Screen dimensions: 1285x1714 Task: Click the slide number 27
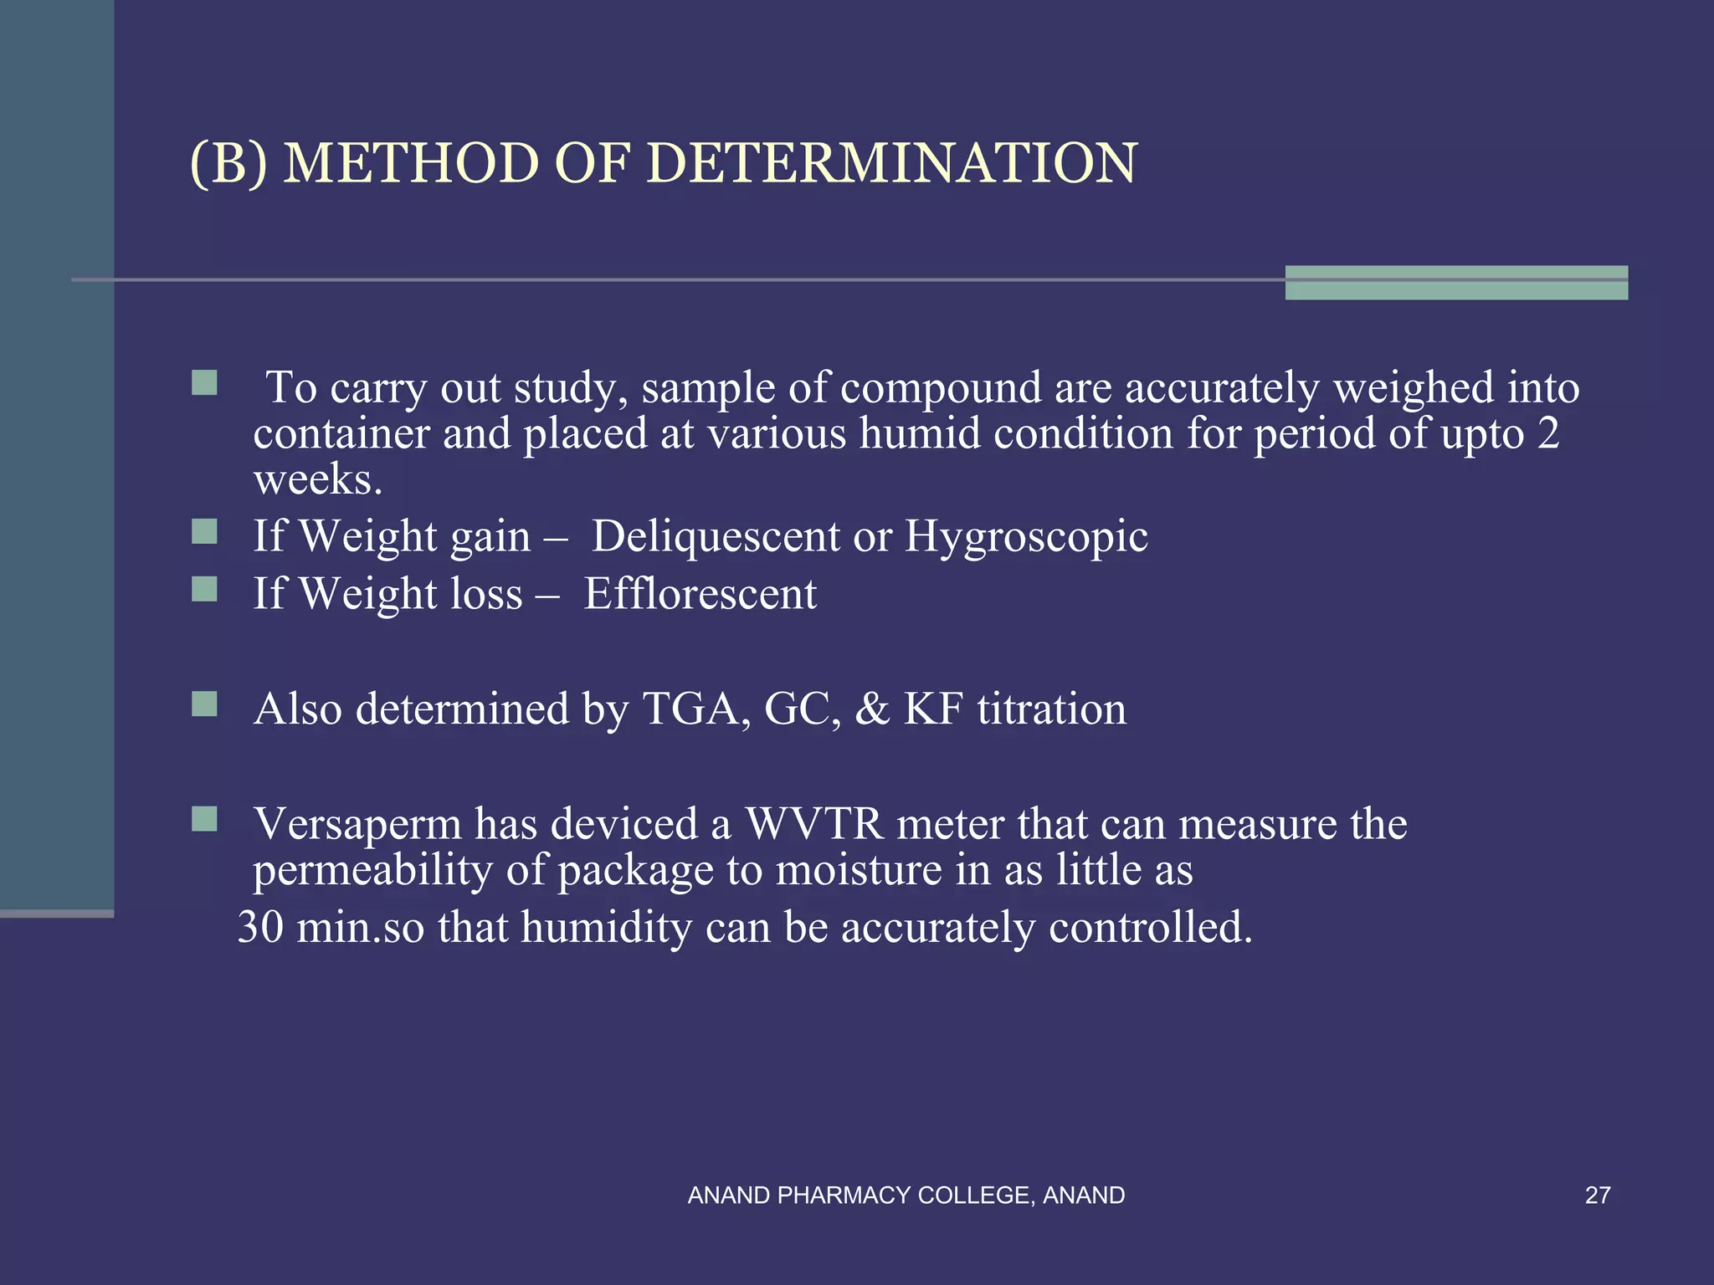tap(1597, 1195)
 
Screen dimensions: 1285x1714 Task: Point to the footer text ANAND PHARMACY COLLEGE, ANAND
tap(906, 1195)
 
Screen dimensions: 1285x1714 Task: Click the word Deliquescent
tap(716, 536)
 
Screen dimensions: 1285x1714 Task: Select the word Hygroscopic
tap(1026, 536)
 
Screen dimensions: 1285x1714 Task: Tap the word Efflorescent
tap(700, 594)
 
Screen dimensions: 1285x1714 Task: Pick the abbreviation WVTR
tap(813, 824)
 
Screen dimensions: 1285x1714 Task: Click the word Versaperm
tap(357, 824)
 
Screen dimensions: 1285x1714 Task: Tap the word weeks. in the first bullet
tap(318, 479)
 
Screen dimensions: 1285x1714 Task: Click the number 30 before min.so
tap(260, 928)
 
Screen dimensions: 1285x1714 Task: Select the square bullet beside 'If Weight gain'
tap(204, 531)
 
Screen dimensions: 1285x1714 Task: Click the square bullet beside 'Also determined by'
tap(204, 704)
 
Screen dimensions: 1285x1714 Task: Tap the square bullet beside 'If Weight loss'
tap(204, 589)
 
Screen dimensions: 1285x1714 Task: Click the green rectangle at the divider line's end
tap(1456, 282)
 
